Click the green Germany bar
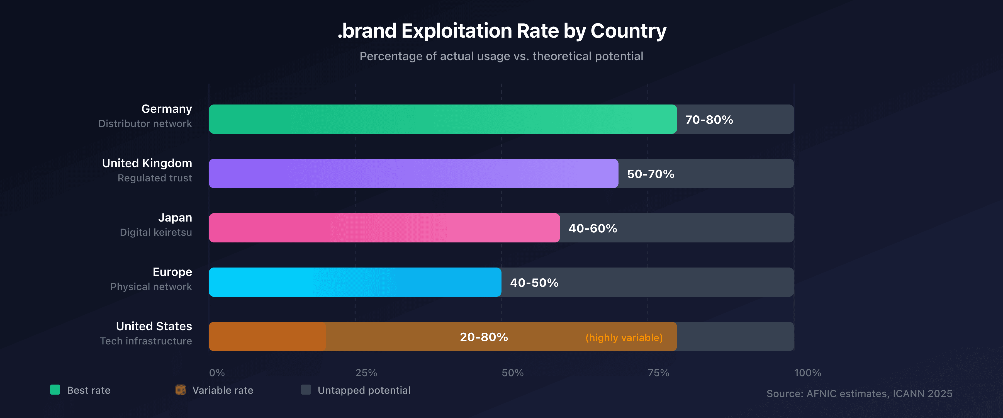pos(443,119)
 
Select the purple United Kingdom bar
pos(413,173)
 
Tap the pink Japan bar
pos(384,228)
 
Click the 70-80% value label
pos(709,120)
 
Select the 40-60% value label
pos(593,228)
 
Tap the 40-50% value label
pos(534,283)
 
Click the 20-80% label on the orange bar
pos(484,337)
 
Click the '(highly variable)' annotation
pos(624,337)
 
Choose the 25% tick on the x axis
pos(366,373)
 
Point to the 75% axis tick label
pos(658,373)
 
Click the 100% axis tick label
pos(807,373)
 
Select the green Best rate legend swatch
pos(55,390)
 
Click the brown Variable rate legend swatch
pos(180,390)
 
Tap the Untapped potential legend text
pos(364,390)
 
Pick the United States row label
pos(154,326)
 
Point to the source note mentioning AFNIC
pos(859,393)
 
